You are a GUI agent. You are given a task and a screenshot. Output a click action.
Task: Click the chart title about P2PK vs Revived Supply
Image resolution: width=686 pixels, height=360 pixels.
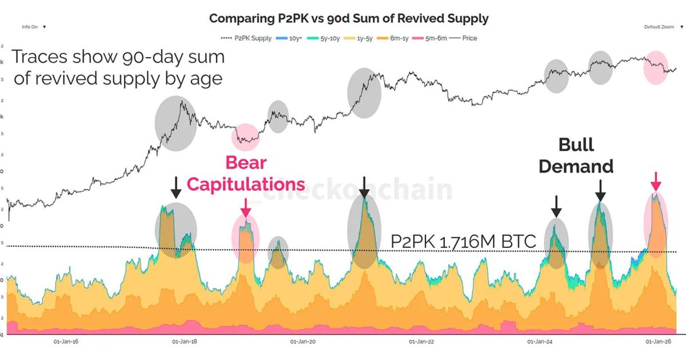pyautogui.click(x=349, y=18)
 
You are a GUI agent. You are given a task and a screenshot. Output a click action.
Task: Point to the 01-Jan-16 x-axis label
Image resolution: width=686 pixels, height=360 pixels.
pyautogui.click(x=66, y=342)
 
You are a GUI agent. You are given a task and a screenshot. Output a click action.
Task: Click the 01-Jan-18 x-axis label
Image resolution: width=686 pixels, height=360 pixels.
pyautogui.click(x=185, y=342)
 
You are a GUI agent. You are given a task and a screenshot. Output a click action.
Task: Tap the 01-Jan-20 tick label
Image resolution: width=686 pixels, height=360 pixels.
pyautogui.click(x=304, y=342)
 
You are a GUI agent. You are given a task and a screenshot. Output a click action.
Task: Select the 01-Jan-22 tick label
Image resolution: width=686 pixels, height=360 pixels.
pyautogui.click(x=422, y=342)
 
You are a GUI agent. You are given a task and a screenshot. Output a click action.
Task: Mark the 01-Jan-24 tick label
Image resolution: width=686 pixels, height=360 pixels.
pyautogui.click(x=540, y=342)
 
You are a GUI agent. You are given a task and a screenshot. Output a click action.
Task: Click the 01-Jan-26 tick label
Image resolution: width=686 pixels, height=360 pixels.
pyautogui.click(x=659, y=342)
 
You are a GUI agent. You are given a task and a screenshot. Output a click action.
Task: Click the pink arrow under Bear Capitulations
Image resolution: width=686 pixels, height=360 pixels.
pyautogui.click(x=246, y=207)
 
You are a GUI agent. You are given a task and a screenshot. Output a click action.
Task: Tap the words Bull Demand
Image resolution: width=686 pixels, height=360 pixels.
pyautogui.click(x=576, y=155)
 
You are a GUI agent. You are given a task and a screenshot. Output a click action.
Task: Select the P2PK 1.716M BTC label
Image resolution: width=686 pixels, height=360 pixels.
pyautogui.click(x=463, y=242)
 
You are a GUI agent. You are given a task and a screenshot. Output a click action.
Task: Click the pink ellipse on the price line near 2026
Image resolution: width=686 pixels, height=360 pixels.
pyautogui.click(x=656, y=67)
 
